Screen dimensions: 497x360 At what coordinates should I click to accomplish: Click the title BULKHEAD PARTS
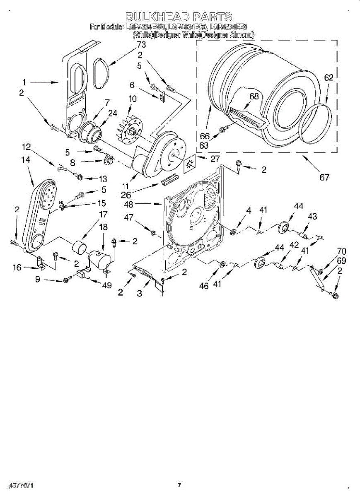179,17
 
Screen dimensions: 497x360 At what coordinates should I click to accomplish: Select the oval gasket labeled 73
101,73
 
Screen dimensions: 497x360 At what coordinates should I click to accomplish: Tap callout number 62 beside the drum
329,77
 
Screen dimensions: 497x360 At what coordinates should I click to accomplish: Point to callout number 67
324,177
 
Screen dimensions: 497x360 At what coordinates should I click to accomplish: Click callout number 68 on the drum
254,97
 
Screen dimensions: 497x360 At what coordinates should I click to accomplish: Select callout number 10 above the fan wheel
133,99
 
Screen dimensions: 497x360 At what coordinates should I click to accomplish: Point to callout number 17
102,215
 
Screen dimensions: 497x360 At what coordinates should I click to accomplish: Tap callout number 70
341,251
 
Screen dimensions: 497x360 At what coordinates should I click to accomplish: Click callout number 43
313,217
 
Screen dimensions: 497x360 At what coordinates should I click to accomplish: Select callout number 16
17,268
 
